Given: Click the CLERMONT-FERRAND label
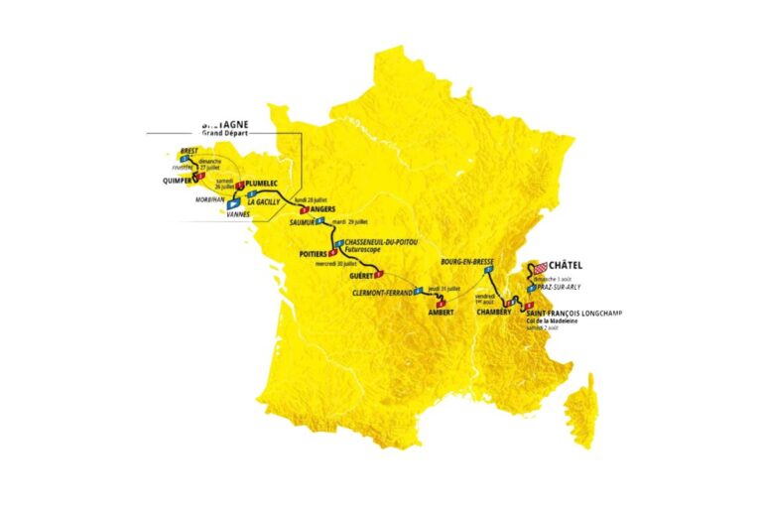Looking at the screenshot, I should [382, 294].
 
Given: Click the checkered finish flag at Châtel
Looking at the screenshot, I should [540, 268].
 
